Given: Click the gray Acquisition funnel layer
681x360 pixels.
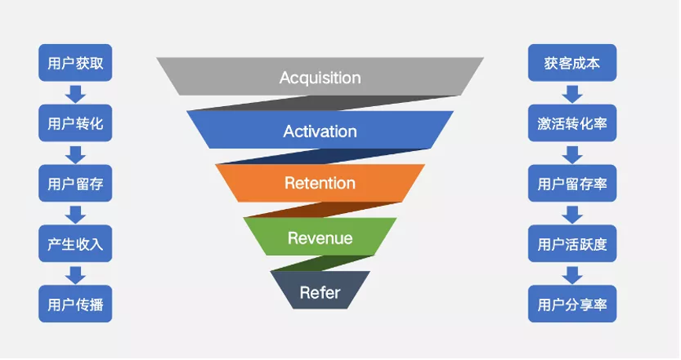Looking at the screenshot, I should (x=320, y=77).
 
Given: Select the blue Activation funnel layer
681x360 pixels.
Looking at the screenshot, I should (x=320, y=130).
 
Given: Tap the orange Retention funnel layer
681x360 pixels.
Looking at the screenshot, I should (x=320, y=182).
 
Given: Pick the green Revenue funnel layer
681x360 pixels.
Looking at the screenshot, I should (x=320, y=237).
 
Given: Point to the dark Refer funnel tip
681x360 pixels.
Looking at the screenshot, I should (x=320, y=292).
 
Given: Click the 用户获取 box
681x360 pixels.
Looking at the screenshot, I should (x=75, y=63).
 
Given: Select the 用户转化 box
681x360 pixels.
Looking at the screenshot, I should (x=75, y=123).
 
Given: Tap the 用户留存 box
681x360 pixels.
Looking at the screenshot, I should (x=75, y=184).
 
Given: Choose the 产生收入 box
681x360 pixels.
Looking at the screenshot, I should (x=75, y=244).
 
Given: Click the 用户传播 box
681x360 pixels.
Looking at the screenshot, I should (x=75, y=303).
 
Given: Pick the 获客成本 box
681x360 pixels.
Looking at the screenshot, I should (x=572, y=63).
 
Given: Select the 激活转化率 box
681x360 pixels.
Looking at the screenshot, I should (x=572, y=123).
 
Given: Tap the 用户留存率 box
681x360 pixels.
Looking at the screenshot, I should (x=572, y=184).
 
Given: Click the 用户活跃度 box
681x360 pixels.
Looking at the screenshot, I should (x=572, y=244).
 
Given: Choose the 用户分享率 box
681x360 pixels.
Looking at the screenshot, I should (x=572, y=303).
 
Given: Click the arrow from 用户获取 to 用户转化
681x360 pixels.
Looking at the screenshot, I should (x=75, y=94).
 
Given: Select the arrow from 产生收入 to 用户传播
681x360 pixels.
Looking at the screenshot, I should (x=75, y=274).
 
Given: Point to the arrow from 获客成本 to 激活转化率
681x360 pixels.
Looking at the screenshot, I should (x=572, y=94).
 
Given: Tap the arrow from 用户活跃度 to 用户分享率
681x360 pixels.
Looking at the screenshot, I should (x=572, y=274).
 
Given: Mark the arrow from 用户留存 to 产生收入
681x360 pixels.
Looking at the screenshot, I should (x=75, y=214).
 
